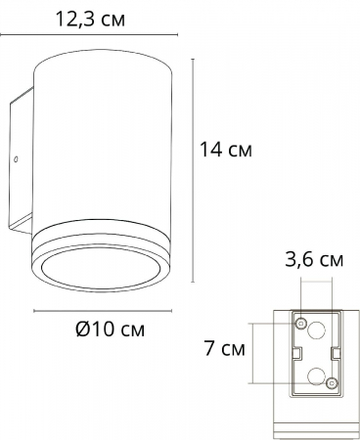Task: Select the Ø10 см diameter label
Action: (110, 330)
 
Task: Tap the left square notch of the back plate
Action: (293, 352)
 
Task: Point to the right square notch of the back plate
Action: (337, 352)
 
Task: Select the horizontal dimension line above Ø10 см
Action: (107, 312)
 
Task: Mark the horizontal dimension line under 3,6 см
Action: (316, 281)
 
